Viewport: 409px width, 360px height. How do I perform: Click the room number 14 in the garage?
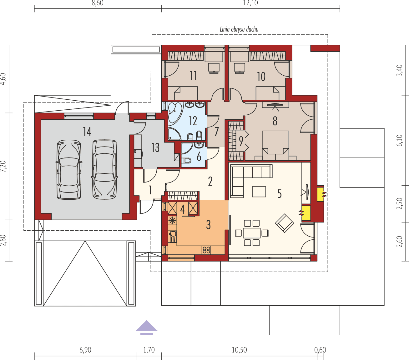(x=87, y=132)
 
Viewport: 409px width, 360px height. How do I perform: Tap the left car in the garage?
(x=69, y=169)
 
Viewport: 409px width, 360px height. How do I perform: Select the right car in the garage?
(x=105, y=169)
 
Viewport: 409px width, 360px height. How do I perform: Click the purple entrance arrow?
(x=147, y=327)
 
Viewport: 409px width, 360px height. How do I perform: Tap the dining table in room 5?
(x=252, y=233)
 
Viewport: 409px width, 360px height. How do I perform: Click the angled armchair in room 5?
(x=285, y=223)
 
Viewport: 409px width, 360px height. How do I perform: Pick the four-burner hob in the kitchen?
(x=206, y=250)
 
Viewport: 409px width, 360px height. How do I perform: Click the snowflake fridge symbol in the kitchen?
(x=172, y=220)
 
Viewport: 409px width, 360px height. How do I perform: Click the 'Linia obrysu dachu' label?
(x=239, y=30)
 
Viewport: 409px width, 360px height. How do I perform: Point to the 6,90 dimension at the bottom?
(x=85, y=350)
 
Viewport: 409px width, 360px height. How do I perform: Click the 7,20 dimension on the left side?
(x=3, y=166)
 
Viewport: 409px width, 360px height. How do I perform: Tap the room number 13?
(x=155, y=147)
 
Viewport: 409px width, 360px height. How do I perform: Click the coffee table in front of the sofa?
(x=259, y=192)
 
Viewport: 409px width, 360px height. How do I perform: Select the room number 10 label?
(x=261, y=77)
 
